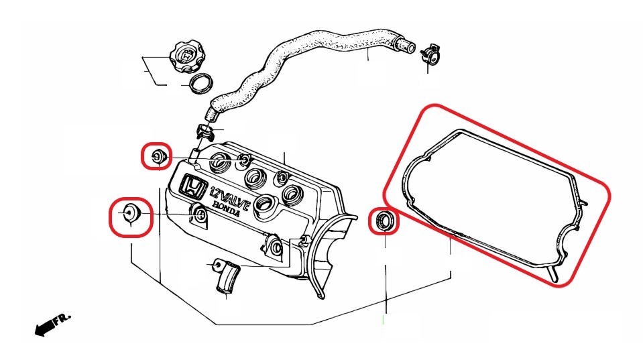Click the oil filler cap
186,56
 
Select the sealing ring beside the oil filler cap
201,83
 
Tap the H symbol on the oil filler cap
186,54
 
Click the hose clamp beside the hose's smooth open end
430,54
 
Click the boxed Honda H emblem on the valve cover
192,188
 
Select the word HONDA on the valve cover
227,209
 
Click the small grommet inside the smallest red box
158,156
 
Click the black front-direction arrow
44,326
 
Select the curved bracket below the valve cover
226,276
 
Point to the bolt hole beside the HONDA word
200,215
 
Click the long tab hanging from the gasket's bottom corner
553,274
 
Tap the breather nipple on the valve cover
194,155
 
